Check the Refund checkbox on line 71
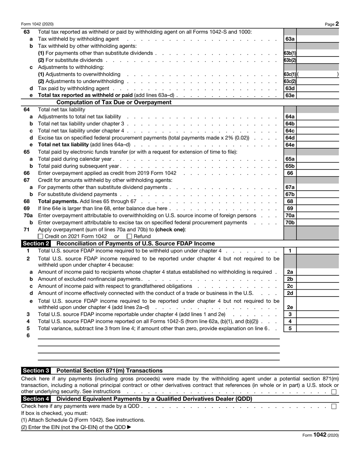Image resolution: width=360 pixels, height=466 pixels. (129, 237)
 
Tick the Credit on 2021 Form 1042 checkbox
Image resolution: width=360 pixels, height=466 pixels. (41, 237)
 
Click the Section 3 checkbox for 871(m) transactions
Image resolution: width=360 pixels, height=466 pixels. (334, 392)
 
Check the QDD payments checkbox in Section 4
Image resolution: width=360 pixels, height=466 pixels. (334, 406)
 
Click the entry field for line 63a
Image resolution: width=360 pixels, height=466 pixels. (318, 39)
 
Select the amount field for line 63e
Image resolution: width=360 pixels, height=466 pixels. (318, 96)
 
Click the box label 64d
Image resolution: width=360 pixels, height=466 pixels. (290, 138)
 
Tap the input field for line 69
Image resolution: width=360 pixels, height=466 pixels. (318, 209)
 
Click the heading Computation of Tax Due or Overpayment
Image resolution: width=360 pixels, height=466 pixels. (114, 102)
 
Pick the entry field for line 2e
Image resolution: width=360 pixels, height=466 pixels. (318, 308)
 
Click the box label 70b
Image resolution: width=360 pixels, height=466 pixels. (290, 223)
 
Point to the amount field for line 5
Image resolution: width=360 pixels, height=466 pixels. (318, 329)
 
